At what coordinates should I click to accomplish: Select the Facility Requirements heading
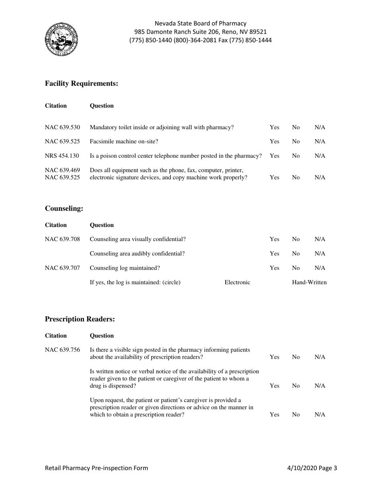tap(82, 83)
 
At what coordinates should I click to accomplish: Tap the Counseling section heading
tap(64, 208)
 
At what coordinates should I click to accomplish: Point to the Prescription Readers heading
tap(80, 319)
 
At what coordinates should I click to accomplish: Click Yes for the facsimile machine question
tap(274, 142)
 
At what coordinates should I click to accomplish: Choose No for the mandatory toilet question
tap(296, 128)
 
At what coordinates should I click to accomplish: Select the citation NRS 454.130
tap(62, 156)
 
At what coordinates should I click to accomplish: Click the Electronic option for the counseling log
tap(237, 283)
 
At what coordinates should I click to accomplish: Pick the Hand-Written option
tap(309, 283)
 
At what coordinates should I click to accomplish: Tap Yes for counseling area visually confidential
tap(274, 239)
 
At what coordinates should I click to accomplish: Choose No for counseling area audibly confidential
tap(296, 254)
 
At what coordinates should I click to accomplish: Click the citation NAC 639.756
tap(62, 350)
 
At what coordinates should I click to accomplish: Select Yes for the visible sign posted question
tap(274, 357)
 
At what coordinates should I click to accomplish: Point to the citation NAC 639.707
tap(62, 268)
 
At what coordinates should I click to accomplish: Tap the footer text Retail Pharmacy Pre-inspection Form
tap(97, 468)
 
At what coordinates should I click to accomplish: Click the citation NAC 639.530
tap(62, 128)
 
